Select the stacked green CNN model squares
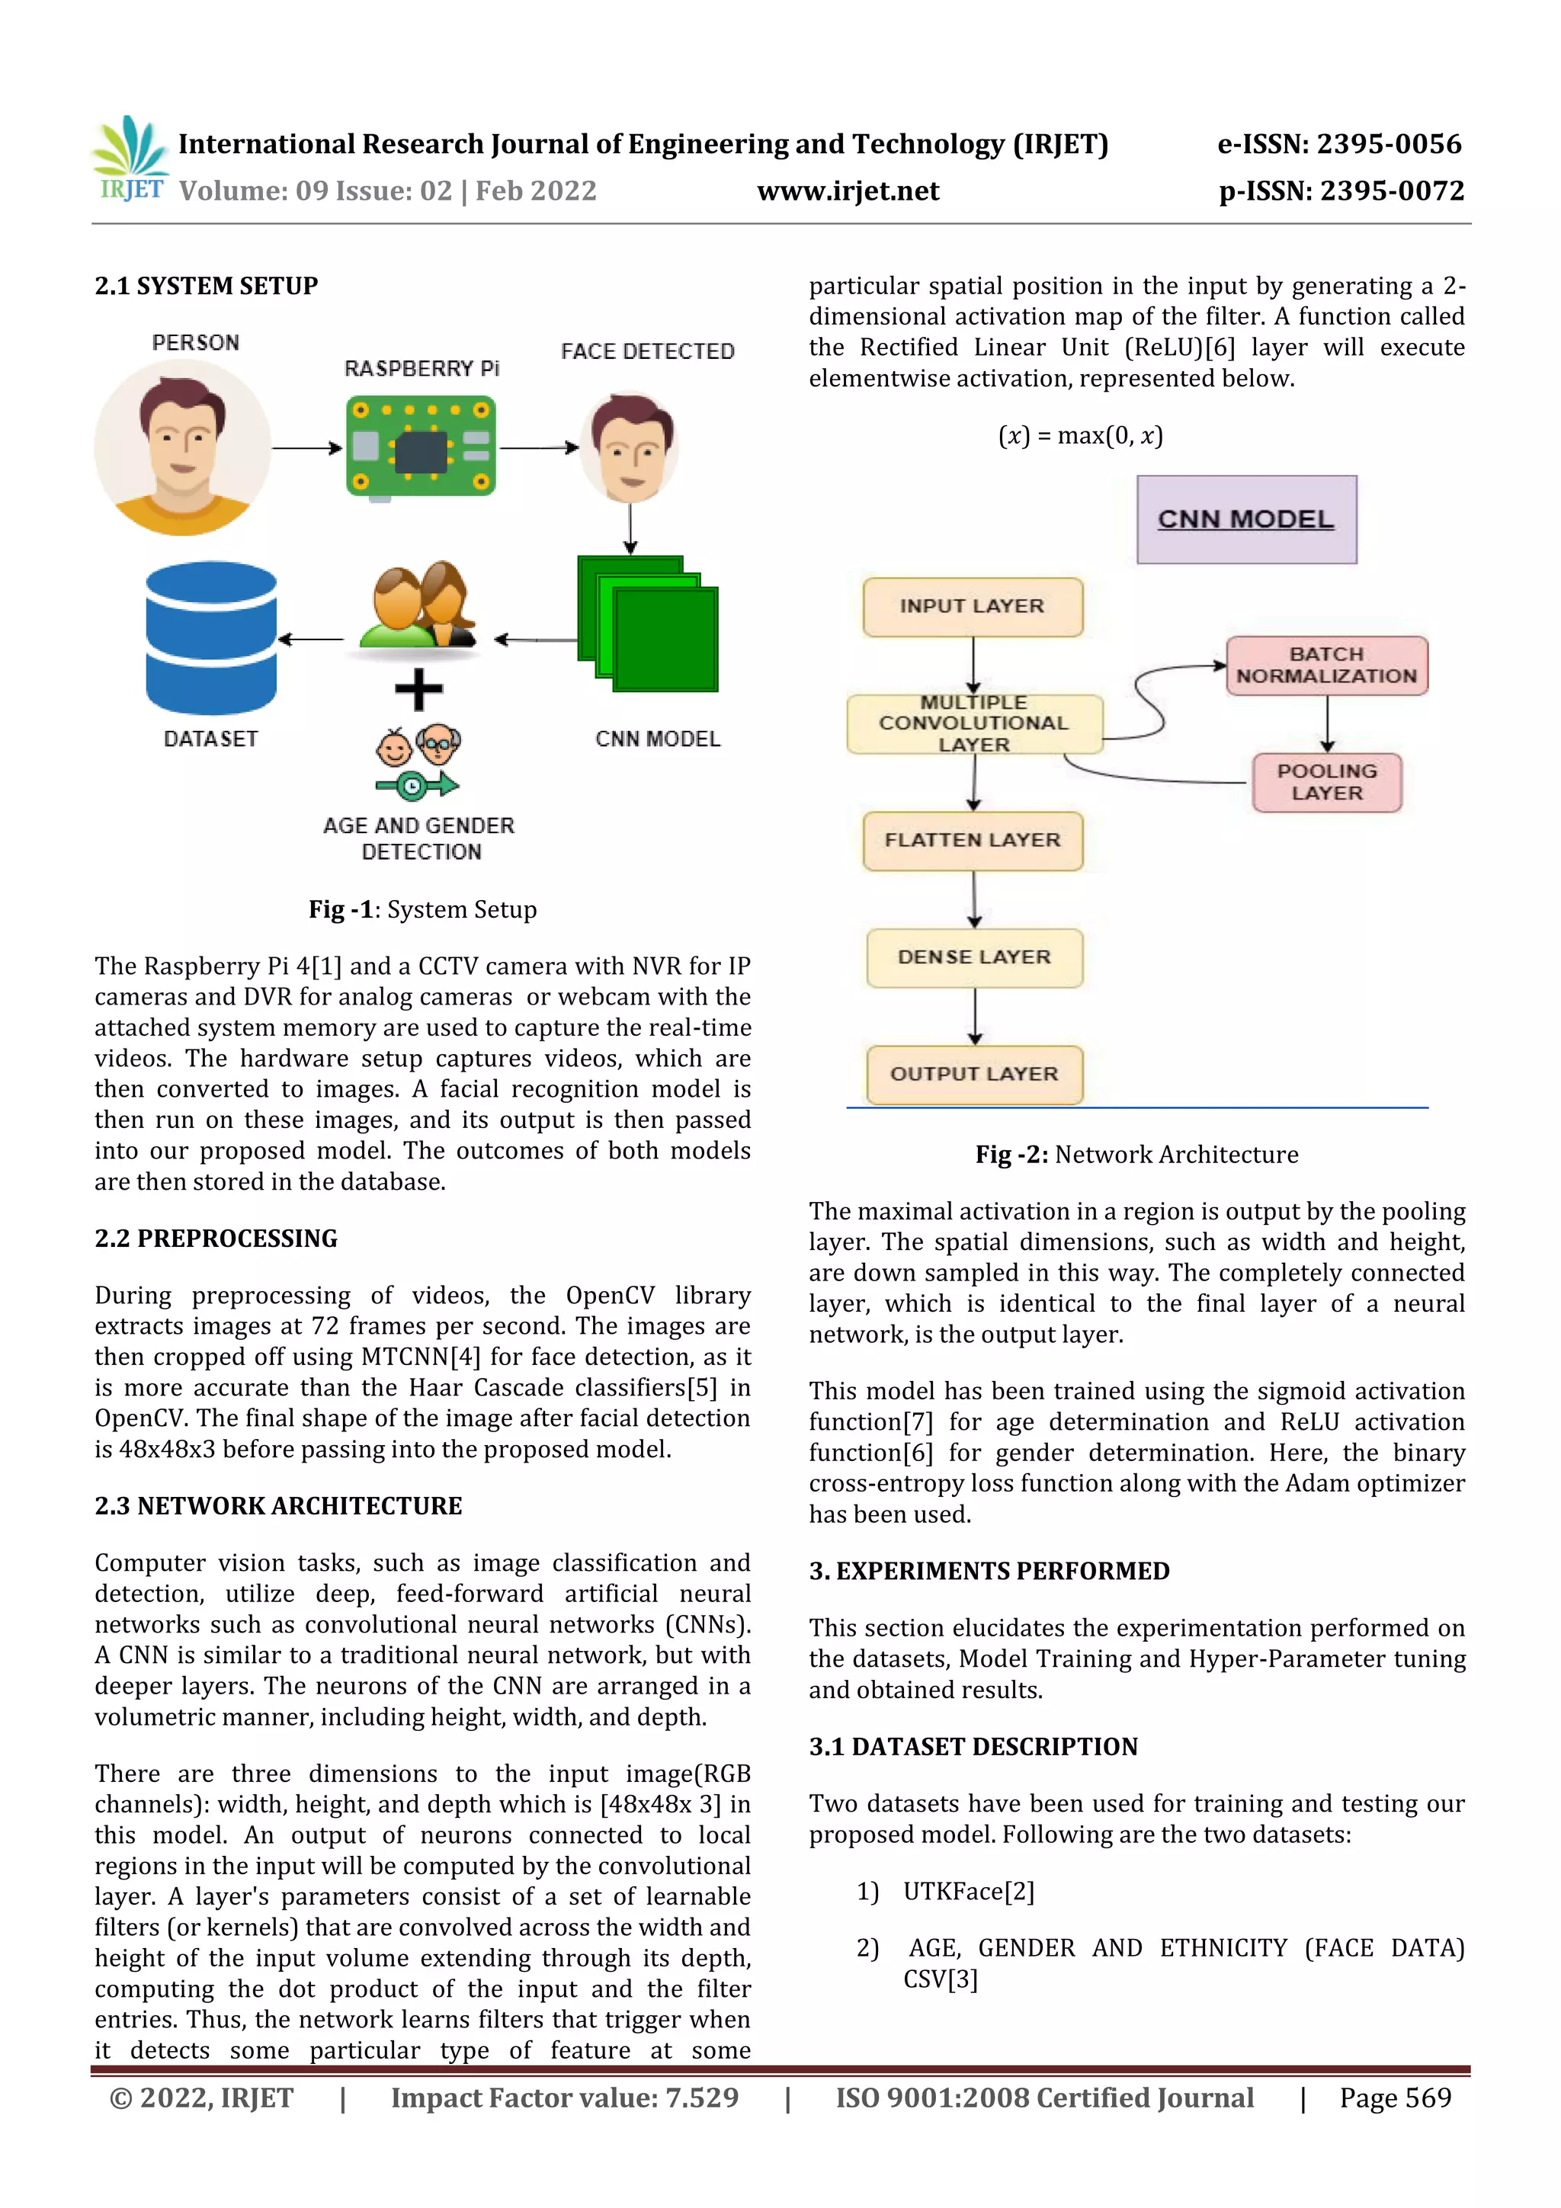coord(648,624)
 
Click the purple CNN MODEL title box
coord(1245,519)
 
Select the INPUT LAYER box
coord(973,607)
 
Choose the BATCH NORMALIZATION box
coord(1326,665)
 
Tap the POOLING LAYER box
coord(1326,782)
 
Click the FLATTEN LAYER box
coord(973,841)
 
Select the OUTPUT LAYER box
coord(974,1074)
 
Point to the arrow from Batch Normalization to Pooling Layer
coord(1327,723)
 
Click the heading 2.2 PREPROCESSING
coord(216,1239)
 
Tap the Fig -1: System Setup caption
coord(422,910)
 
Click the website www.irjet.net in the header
coord(848,191)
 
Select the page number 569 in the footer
coord(1396,2097)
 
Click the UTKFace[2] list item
coord(969,1892)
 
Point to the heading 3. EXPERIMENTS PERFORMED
coord(989,1570)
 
